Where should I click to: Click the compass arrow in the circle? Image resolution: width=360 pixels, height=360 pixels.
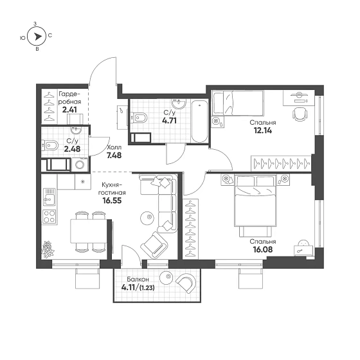[38, 36]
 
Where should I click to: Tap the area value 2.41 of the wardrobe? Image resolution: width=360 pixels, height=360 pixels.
[69, 110]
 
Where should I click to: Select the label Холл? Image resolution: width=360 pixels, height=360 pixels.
[114, 147]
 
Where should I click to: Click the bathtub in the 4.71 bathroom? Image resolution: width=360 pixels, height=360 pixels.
[199, 122]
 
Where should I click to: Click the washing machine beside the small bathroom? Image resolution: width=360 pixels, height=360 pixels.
[80, 165]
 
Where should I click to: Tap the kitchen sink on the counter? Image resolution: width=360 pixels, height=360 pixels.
[49, 197]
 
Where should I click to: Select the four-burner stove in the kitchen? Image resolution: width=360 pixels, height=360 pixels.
[49, 217]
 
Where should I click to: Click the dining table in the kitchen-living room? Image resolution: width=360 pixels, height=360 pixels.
[89, 231]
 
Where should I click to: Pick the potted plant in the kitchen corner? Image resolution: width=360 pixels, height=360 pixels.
[48, 249]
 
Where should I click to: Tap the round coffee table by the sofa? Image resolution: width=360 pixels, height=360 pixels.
[147, 217]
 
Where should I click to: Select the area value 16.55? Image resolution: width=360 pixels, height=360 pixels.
[112, 201]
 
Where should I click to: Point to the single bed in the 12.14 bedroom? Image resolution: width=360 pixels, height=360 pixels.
[238, 103]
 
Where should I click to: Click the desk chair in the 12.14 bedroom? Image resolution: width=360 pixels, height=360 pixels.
[300, 114]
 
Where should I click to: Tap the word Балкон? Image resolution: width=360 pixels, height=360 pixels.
[138, 279]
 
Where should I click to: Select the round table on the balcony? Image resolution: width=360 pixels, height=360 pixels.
[166, 278]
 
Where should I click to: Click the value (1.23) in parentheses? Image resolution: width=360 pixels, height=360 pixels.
[147, 288]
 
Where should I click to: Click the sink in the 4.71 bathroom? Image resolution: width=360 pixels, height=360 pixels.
[179, 104]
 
